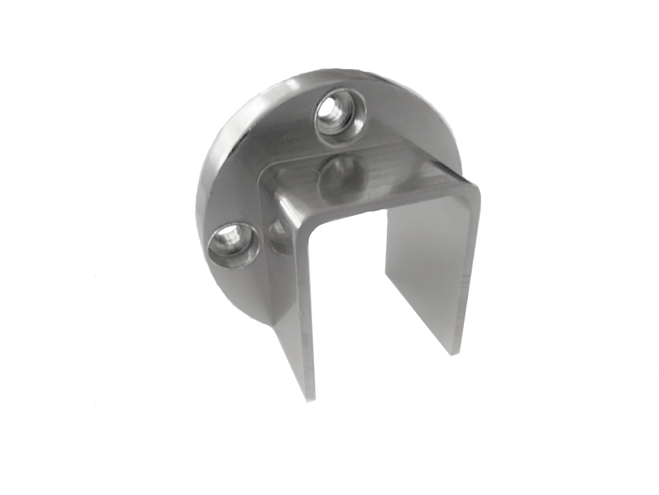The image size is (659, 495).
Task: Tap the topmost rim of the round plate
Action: click(x=322, y=72)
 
